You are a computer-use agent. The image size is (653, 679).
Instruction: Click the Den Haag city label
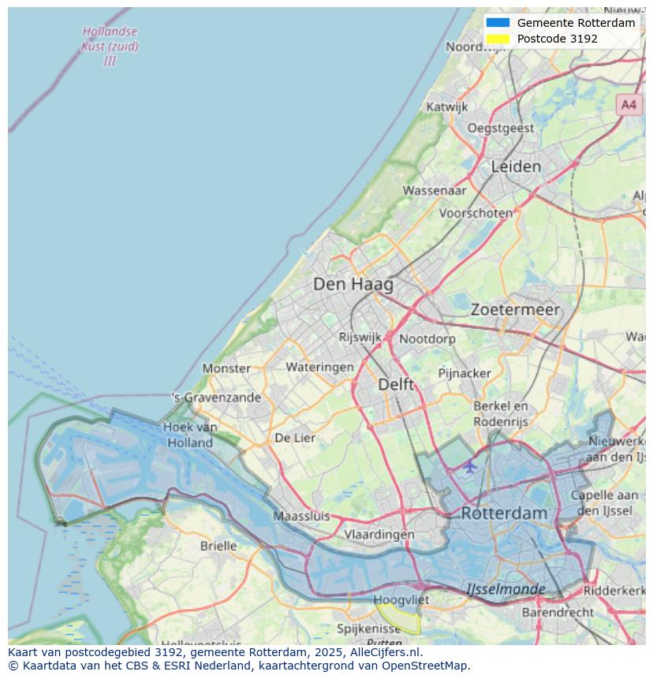(353, 284)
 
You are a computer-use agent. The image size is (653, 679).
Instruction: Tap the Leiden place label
(516, 166)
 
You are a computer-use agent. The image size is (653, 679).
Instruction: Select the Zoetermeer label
(515, 310)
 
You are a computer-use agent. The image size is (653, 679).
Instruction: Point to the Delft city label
(396, 384)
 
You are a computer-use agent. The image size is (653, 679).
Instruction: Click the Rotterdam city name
(503, 513)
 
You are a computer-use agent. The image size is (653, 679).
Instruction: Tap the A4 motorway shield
(628, 104)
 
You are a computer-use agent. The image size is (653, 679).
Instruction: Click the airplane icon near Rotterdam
(470, 466)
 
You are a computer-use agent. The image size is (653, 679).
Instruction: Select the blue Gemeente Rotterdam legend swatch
(498, 23)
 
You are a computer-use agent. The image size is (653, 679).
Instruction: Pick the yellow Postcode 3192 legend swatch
(498, 39)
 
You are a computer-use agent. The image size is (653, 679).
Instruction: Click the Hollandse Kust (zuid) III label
(110, 46)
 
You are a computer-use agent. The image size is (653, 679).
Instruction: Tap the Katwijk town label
(446, 106)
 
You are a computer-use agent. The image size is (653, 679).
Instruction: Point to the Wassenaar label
(434, 190)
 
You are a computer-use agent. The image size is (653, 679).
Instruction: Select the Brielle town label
(218, 546)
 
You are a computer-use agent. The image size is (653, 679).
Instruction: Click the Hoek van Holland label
(190, 435)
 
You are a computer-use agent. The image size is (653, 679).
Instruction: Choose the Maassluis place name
(301, 517)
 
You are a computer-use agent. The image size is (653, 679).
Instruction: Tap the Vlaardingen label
(379, 535)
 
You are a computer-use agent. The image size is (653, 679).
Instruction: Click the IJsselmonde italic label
(506, 589)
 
